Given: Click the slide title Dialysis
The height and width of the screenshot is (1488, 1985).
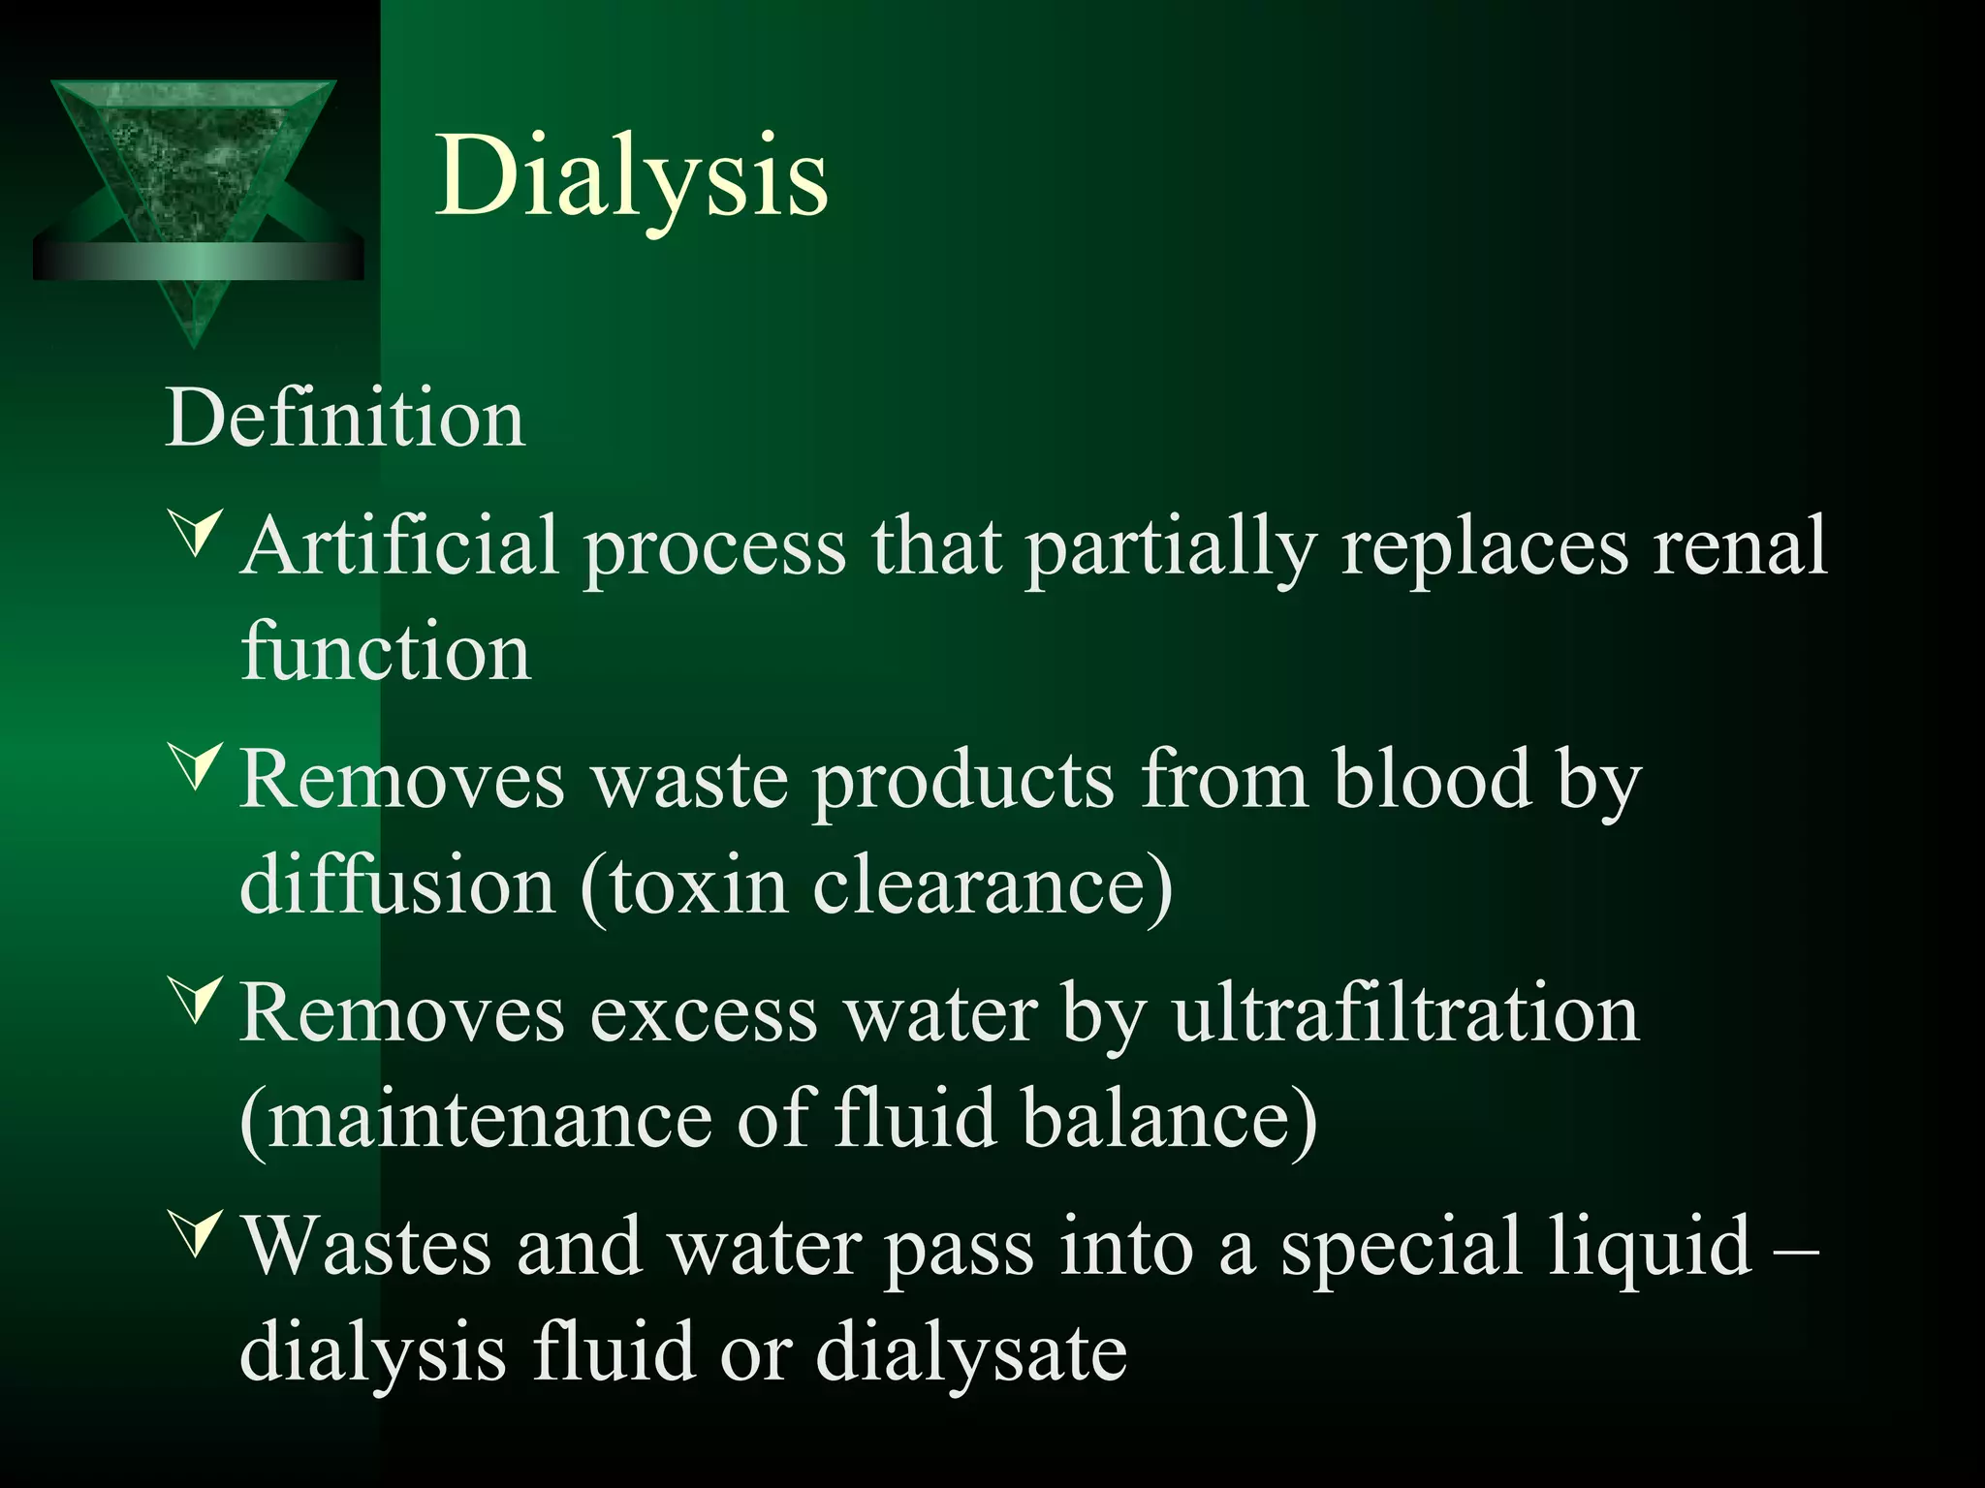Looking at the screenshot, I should click(x=632, y=176).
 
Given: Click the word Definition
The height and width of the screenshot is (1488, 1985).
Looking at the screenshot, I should click(x=345, y=418).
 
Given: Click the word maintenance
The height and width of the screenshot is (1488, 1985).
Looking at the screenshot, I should click(x=489, y=1120).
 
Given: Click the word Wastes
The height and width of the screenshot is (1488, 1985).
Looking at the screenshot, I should click(x=366, y=1248).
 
